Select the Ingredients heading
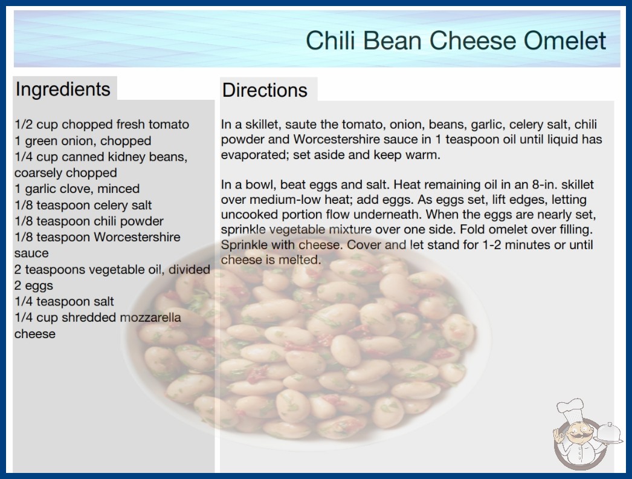63,89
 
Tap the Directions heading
265,90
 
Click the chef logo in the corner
587,434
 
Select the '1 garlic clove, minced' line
77,189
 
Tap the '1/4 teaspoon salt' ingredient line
64,301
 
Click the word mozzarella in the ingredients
150,318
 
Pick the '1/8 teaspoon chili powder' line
89,221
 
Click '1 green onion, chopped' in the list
83,141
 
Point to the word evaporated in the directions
254,155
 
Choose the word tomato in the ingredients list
169,125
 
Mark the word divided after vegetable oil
189,269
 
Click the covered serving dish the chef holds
608,433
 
